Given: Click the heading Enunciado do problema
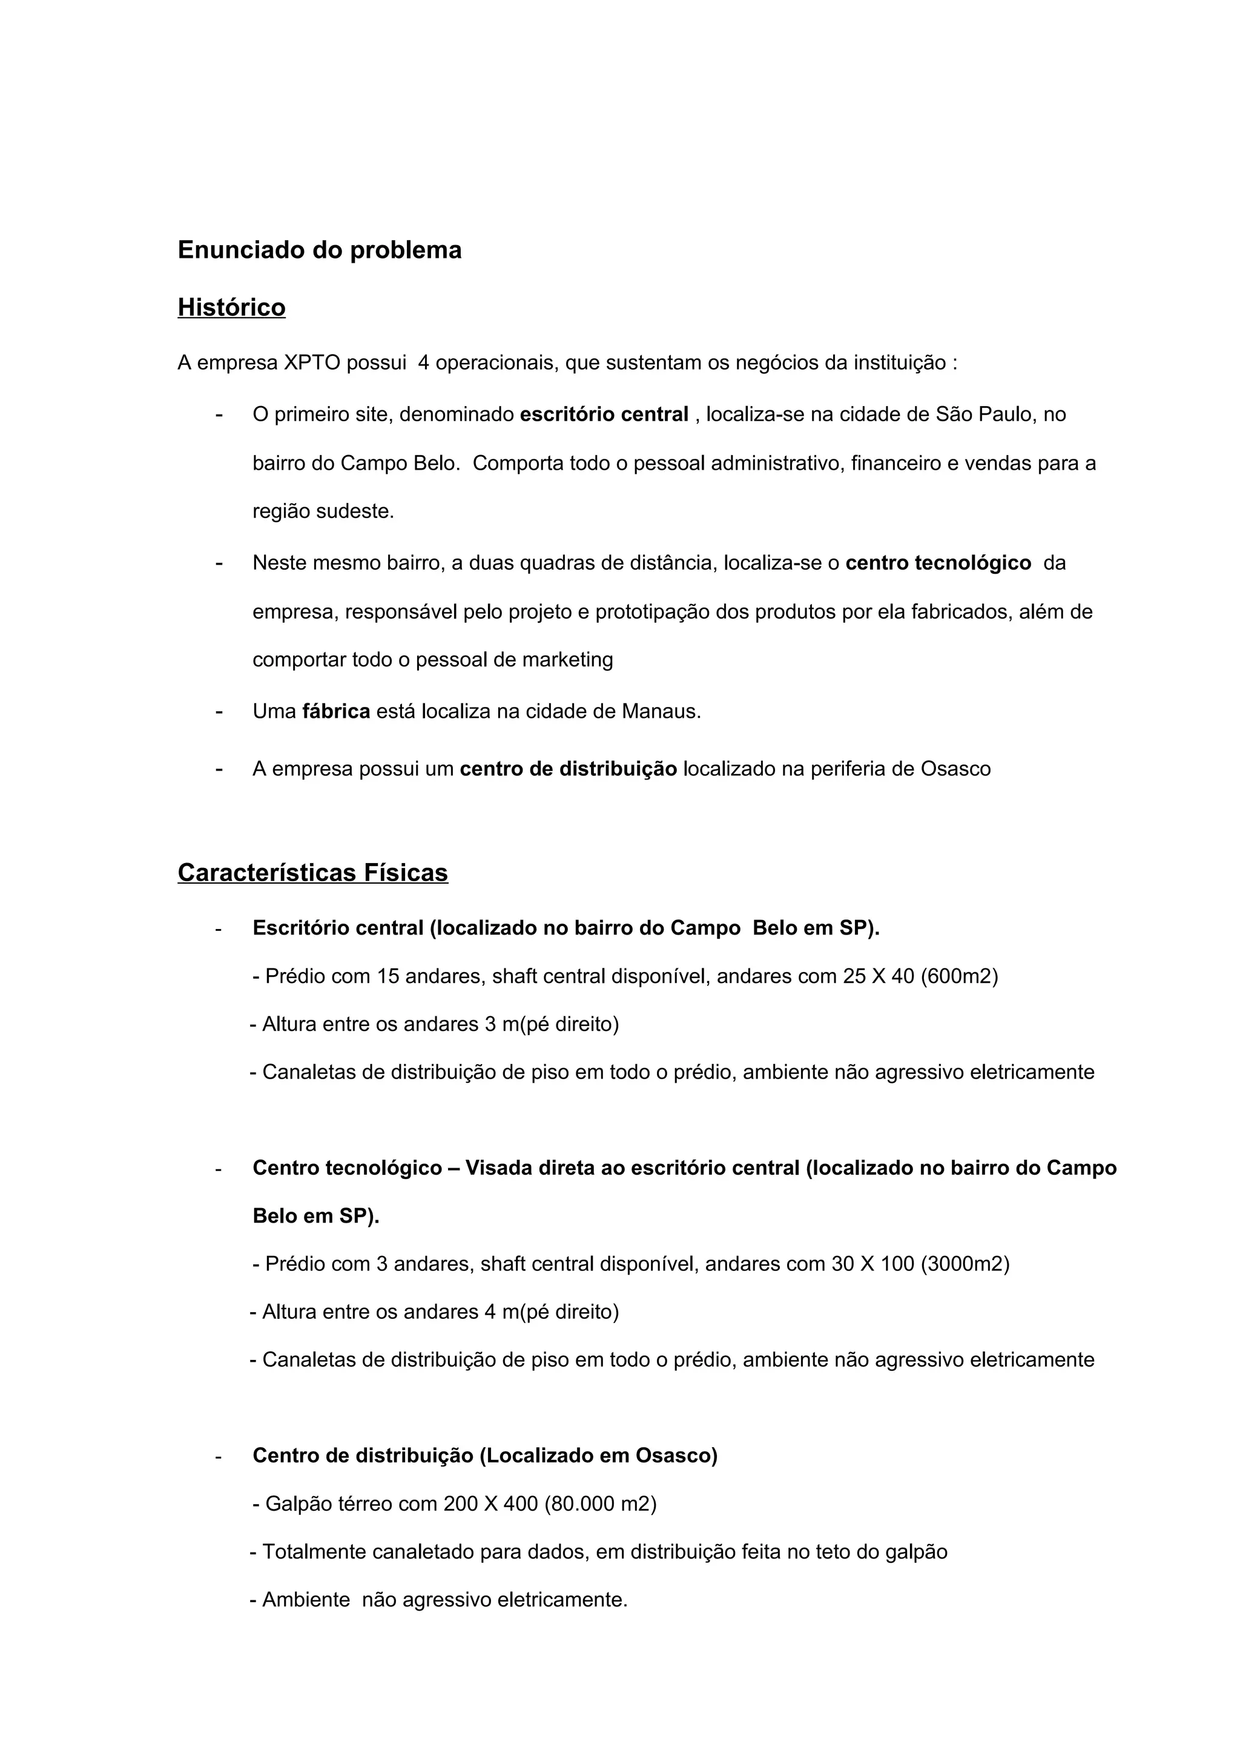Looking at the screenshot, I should point(319,250).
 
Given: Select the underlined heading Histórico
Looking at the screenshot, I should point(231,307).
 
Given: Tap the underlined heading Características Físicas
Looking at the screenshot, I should point(312,872).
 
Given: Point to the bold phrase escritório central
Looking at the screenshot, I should point(604,414).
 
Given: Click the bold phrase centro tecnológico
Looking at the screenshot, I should point(938,563).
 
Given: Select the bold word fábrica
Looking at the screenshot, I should point(336,711).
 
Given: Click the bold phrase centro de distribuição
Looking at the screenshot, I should point(569,769).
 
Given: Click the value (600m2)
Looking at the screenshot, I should point(960,976).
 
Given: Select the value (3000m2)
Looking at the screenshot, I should point(965,1264).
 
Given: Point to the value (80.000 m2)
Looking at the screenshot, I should point(601,1504).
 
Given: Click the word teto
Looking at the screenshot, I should point(834,1552).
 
